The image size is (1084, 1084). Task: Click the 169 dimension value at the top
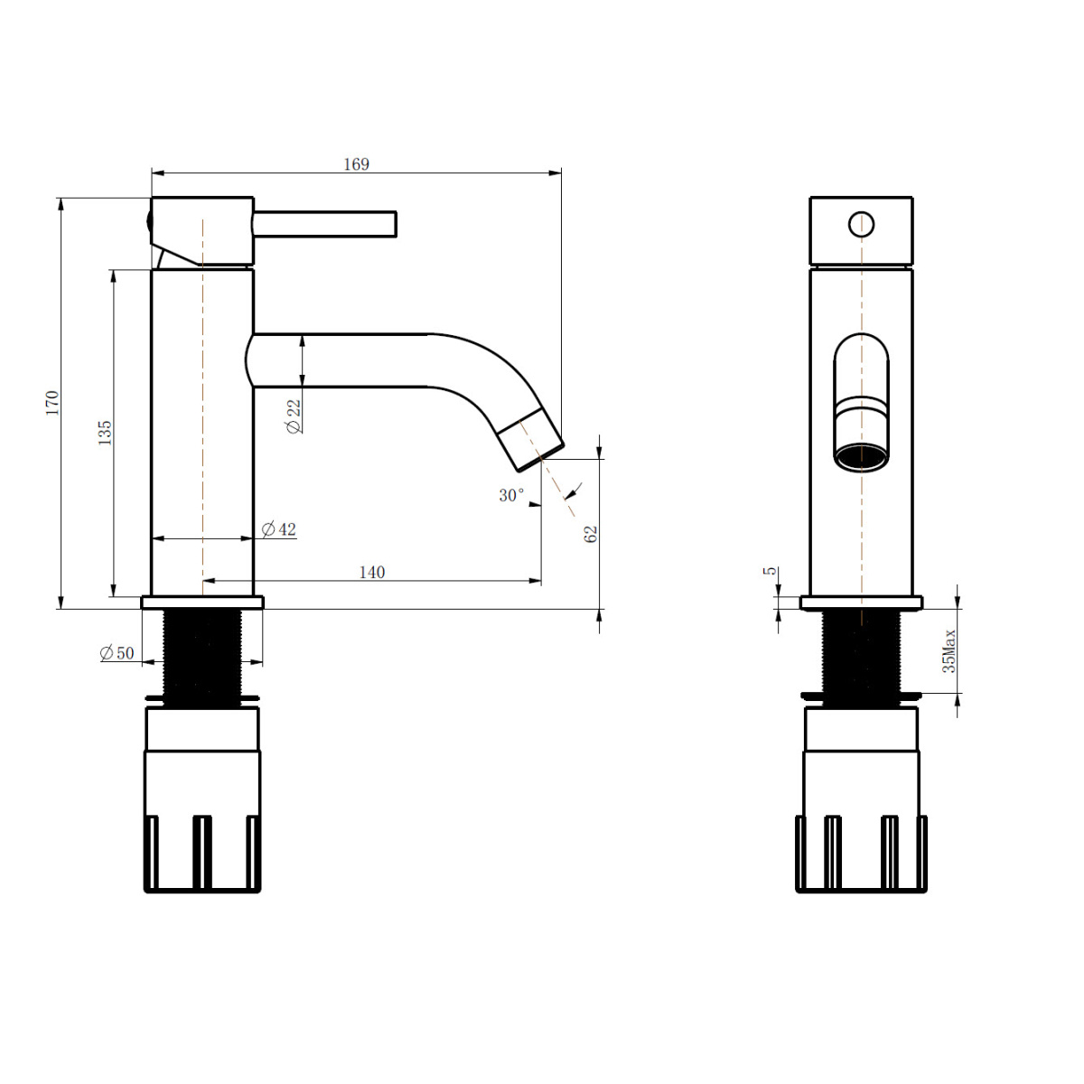[x=356, y=164]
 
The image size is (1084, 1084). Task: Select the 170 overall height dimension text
[x=52, y=403]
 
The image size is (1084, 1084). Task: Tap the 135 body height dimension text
[x=105, y=433]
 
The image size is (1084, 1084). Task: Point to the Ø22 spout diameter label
[x=294, y=416]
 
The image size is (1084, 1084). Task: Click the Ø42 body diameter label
[x=279, y=529]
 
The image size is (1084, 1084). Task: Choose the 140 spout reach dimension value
[x=372, y=572]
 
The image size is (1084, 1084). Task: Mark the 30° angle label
[x=511, y=495]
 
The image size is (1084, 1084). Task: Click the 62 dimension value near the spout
[x=590, y=534]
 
